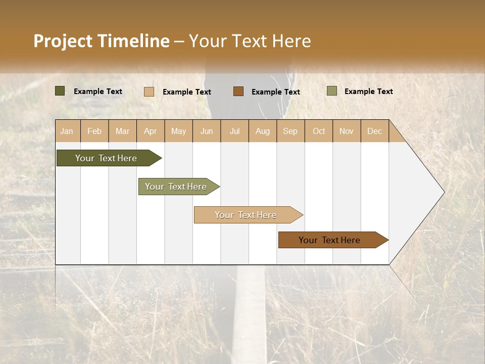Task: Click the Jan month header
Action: [67, 131]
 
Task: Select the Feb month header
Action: [94, 131]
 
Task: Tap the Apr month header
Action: [150, 131]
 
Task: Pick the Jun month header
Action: [207, 131]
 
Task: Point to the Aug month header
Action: [262, 131]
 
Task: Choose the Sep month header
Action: [290, 131]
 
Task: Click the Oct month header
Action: [319, 131]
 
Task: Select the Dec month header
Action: [374, 131]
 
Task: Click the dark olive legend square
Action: [60, 91]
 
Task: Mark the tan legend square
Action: [149, 92]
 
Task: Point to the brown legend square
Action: [238, 91]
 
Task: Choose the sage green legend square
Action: [332, 91]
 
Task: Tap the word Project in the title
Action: [63, 41]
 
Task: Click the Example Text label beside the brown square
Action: [275, 92]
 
